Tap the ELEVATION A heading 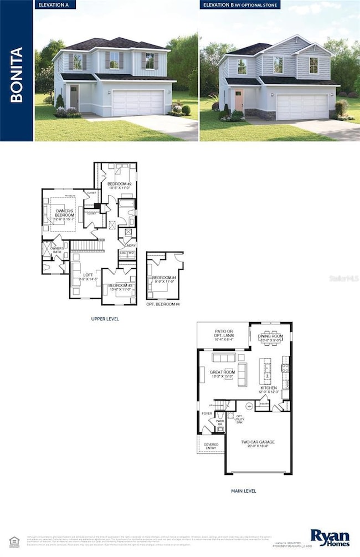[x=56, y=5]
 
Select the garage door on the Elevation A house [x=138, y=103]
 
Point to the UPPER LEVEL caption [x=105, y=319]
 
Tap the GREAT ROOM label [x=222, y=375]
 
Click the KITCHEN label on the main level [x=270, y=390]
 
